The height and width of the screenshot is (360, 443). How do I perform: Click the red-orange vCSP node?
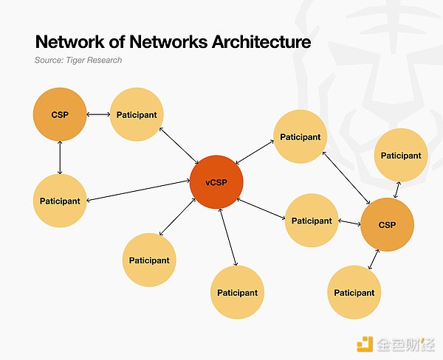(x=215, y=182)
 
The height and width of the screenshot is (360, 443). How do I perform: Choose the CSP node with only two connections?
(x=59, y=114)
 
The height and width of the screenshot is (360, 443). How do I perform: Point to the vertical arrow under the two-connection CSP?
(x=60, y=157)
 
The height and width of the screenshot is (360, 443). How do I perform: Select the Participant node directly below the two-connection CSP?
(x=61, y=200)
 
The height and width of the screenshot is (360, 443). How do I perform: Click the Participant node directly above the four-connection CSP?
(x=401, y=156)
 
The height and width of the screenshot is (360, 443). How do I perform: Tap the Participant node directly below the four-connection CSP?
(x=354, y=292)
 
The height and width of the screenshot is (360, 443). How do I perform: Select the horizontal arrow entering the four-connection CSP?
(x=348, y=221)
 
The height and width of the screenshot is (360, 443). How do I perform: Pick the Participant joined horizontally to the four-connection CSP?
(x=312, y=221)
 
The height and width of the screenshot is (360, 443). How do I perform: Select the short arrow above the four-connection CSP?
(x=397, y=188)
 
